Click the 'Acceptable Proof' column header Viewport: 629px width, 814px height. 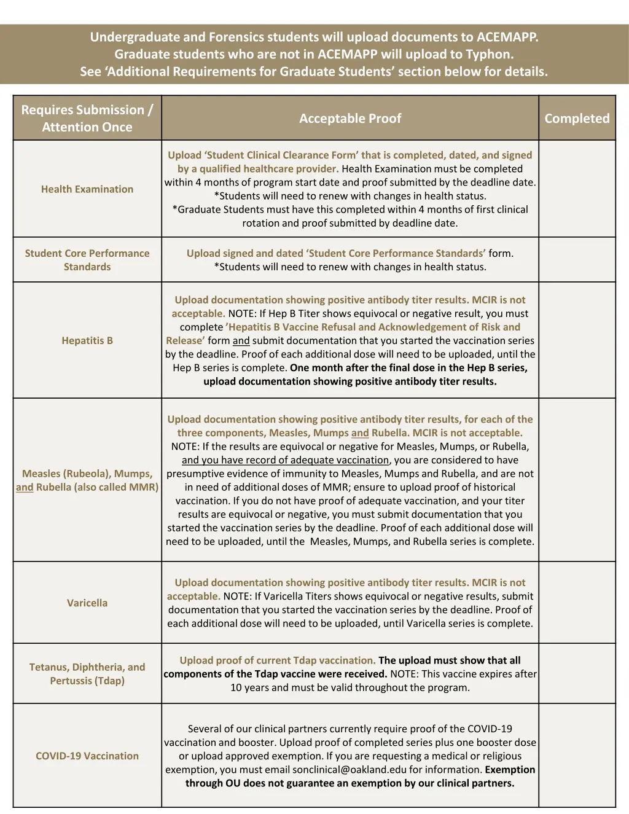(x=350, y=119)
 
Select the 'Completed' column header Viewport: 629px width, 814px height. (x=577, y=119)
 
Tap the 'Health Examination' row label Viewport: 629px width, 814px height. (x=87, y=189)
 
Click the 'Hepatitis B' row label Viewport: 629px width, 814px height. (x=87, y=340)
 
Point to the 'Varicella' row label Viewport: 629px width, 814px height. (x=87, y=603)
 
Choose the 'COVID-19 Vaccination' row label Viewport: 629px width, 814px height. (x=87, y=756)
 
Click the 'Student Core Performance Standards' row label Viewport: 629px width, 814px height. (x=87, y=260)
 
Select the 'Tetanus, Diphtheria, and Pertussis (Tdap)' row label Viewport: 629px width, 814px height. (x=87, y=674)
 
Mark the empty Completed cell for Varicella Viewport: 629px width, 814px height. (x=577, y=603)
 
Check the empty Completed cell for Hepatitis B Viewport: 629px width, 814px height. (x=577, y=340)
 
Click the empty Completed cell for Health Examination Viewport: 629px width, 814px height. (x=577, y=189)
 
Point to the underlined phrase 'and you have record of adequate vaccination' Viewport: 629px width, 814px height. (x=286, y=460)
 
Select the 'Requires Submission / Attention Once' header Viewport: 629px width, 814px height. (x=87, y=119)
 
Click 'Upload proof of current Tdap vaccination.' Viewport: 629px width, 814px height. (x=278, y=660)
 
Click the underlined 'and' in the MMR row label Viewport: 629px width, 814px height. (x=25, y=487)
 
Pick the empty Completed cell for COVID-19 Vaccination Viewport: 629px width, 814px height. (x=577, y=756)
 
